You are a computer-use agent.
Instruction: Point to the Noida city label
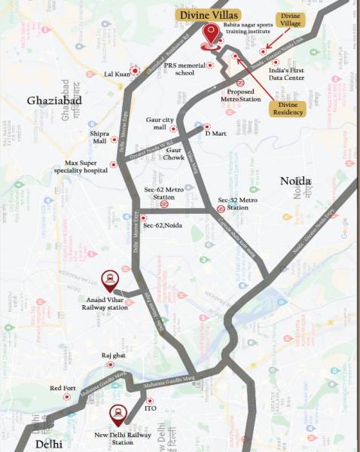tap(295, 181)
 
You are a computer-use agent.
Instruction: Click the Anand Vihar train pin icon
tap(110, 280)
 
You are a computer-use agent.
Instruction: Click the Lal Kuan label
tap(121, 74)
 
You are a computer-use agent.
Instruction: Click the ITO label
tap(151, 409)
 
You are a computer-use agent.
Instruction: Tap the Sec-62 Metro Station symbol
tap(164, 202)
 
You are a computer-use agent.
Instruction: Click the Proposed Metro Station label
tap(241, 94)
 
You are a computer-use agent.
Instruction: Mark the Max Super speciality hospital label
tap(88, 166)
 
